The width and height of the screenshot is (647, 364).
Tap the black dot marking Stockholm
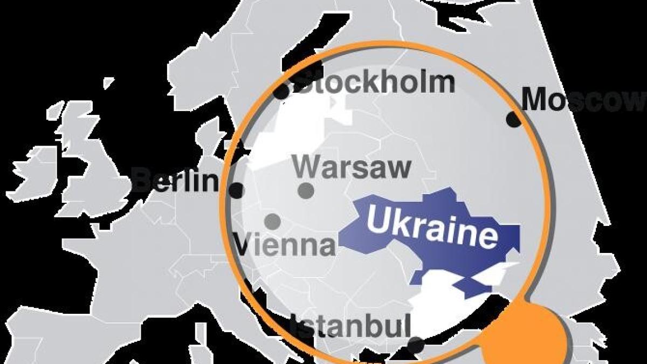[281, 92]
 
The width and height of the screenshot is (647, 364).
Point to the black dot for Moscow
[514, 120]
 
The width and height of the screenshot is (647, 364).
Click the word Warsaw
[353, 167]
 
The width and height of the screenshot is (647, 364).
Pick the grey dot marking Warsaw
[306, 190]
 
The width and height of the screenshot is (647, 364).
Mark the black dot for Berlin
[236, 190]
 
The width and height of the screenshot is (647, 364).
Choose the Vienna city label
[285, 245]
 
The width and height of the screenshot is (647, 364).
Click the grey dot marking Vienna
[273, 221]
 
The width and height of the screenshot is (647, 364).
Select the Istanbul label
[350, 326]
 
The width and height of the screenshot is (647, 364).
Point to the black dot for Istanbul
[415, 345]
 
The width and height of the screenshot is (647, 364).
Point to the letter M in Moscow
[536, 99]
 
